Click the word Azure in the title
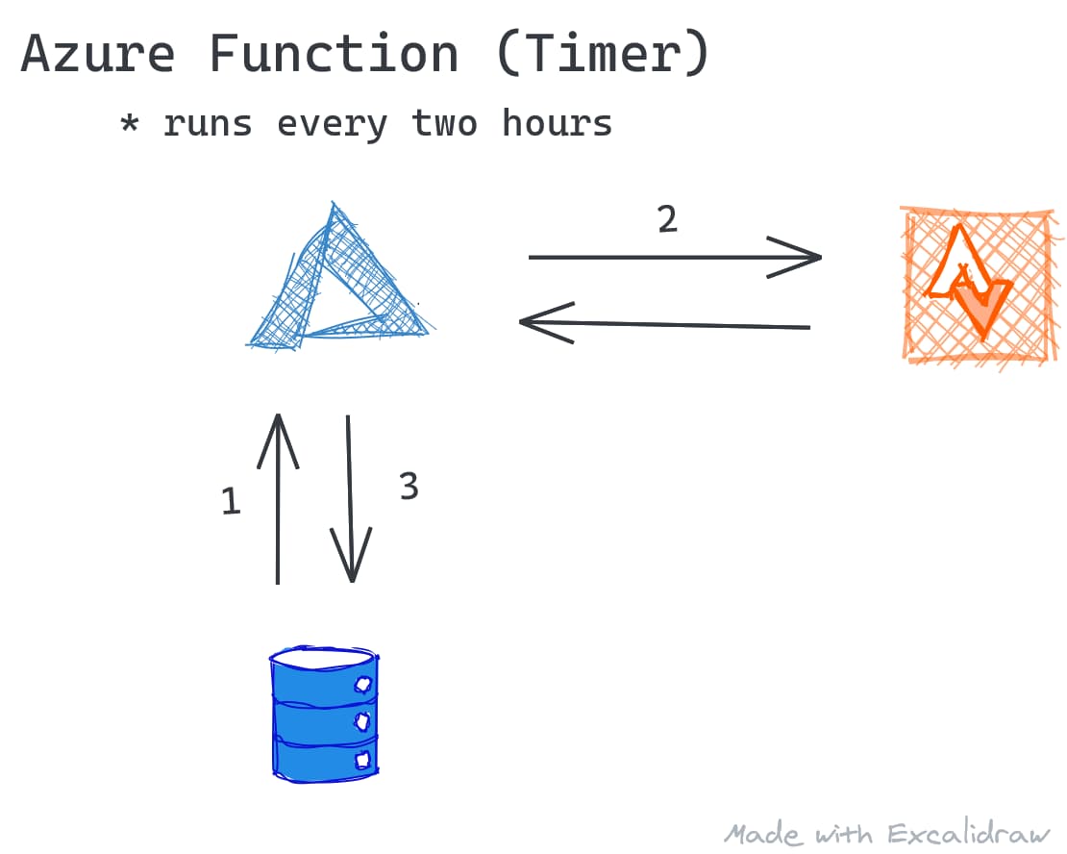click(98, 54)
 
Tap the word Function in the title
click(335, 53)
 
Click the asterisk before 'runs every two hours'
click(130, 124)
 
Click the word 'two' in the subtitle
click(444, 123)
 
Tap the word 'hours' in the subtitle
click(557, 122)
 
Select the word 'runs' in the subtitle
click(208, 125)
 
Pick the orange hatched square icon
click(980, 287)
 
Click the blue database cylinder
click(324, 715)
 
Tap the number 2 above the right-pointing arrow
click(667, 219)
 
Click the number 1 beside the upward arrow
click(232, 501)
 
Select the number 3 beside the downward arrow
click(409, 487)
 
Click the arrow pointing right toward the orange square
click(675, 258)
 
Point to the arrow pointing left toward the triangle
click(665, 324)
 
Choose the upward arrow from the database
click(278, 498)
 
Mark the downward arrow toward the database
click(351, 498)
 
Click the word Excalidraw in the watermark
click(969, 834)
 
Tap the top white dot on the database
click(363, 684)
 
